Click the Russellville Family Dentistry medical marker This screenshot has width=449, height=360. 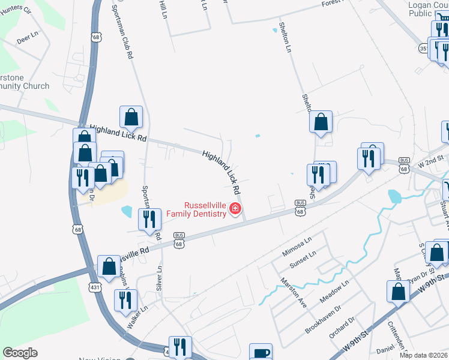pyautogui.click(x=235, y=209)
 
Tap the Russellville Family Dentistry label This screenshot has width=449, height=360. pyautogui.click(x=196, y=209)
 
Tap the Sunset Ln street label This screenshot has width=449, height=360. pyautogui.click(x=303, y=259)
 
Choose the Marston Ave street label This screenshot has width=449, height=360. pyautogui.click(x=292, y=292)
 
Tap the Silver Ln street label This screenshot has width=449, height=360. pyautogui.click(x=160, y=278)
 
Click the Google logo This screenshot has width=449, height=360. pyautogui.click(x=20, y=353)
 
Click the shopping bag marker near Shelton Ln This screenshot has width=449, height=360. pyautogui.click(x=321, y=122)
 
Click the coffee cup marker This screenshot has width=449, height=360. pyautogui.click(x=261, y=353)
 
